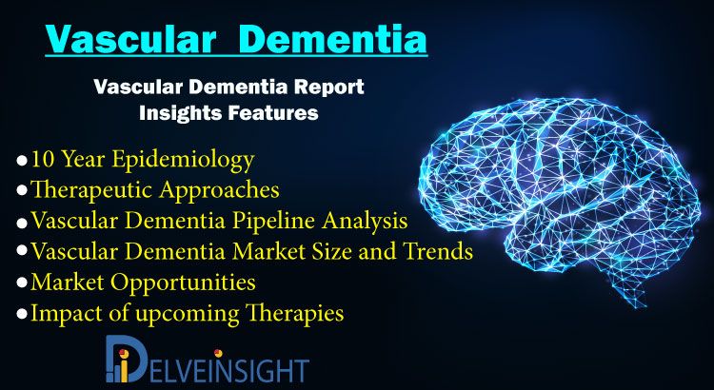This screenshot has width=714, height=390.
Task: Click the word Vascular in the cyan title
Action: [x=130, y=39]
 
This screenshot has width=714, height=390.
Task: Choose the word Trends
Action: [x=438, y=251]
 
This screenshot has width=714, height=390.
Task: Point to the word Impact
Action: [x=61, y=314]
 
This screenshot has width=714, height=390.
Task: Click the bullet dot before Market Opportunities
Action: [x=22, y=283]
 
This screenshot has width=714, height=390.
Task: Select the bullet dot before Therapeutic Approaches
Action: [x=22, y=190]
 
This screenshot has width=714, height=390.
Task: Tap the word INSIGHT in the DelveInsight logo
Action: [x=262, y=370]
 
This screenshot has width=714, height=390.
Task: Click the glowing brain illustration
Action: [x=561, y=197]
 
